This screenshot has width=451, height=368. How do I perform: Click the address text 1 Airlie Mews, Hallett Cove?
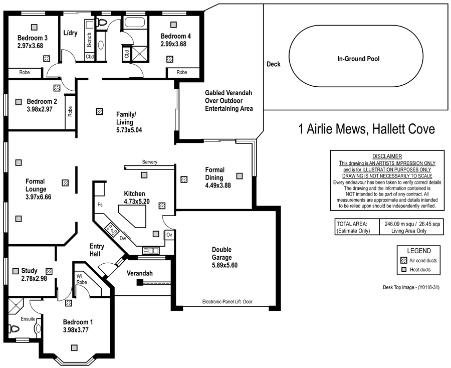[x=366, y=129]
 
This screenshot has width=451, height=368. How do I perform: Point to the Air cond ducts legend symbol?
[x=403, y=261]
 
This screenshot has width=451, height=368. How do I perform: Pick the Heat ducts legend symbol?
[x=403, y=270]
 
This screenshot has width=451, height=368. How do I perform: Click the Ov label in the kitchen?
[x=169, y=235]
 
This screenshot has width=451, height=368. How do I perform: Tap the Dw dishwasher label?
[x=122, y=239]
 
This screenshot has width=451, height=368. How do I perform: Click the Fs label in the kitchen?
[x=100, y=205]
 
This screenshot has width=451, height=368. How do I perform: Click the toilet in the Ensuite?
[x=14, y=329]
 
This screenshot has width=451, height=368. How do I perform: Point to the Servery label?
[x=149, y=162]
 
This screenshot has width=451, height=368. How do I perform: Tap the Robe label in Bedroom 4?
[x=182, y=73]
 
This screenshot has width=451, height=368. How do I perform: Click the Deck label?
[x=274, y=64]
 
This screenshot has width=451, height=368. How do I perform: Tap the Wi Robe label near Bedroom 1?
[x=81, y=279]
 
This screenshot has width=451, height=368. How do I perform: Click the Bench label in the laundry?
[x=89, y=40]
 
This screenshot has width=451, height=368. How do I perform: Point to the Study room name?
[x=30, y=271]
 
